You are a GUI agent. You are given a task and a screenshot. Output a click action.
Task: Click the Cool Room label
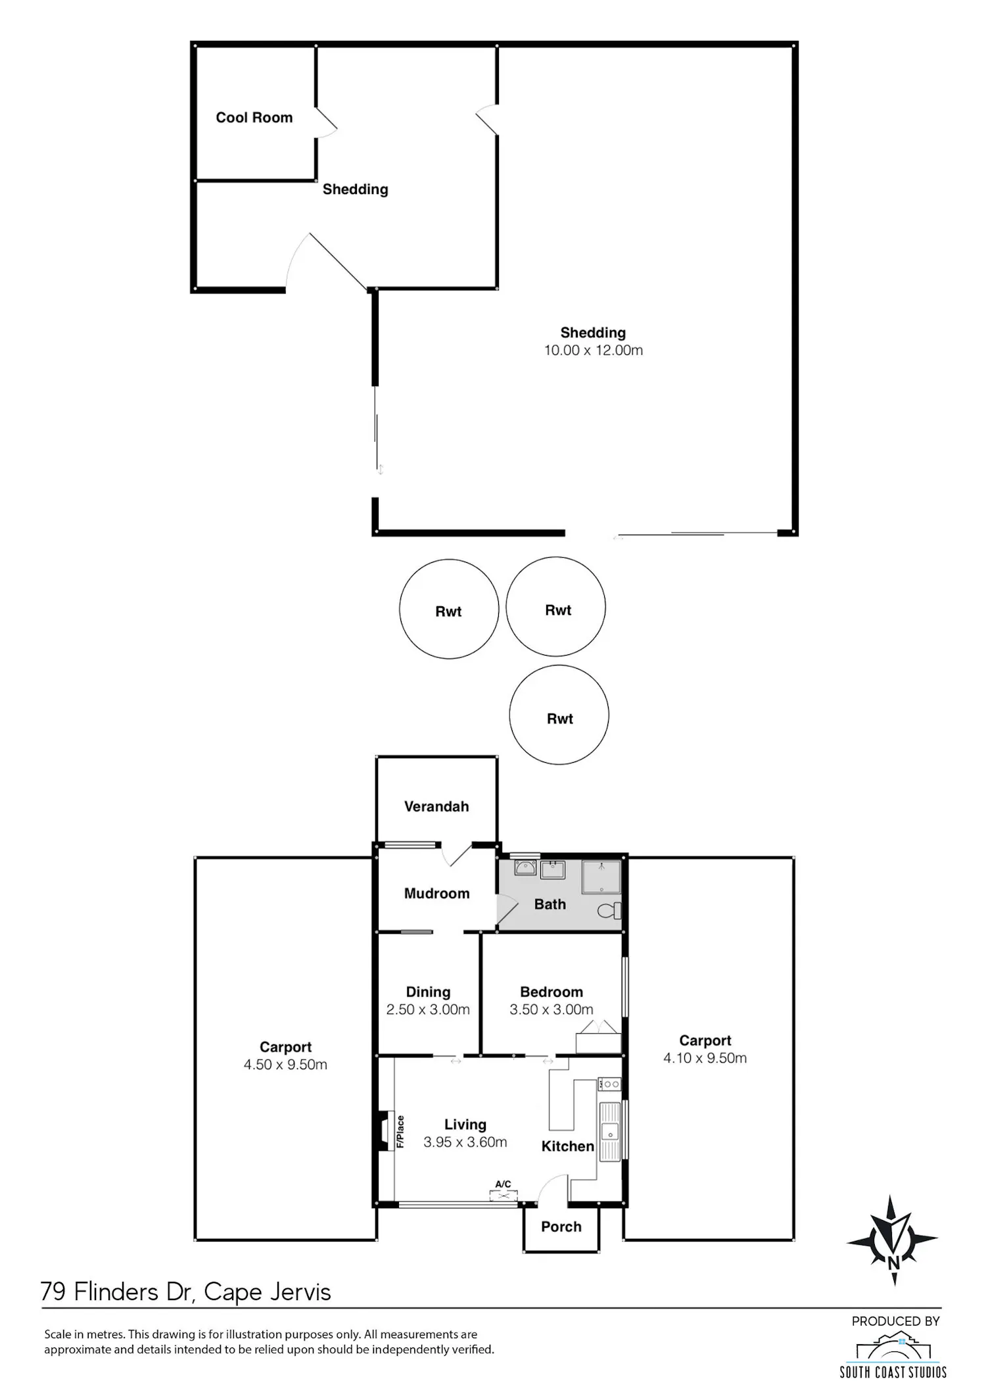pos(254,118)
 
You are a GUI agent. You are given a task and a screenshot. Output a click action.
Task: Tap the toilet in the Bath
pos(609,911)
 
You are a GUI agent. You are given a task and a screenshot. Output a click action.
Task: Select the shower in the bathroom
pos(601,877)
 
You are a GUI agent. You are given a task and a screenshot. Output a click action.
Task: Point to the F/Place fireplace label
pos(400,1132)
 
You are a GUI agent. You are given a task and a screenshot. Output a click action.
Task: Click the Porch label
pos(561,1226)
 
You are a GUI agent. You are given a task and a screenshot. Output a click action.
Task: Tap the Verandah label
pos(436,807)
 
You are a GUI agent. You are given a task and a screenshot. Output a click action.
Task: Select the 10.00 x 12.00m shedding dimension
pos(594,350)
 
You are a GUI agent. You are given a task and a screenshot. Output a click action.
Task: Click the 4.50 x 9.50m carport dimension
pos(285,1065)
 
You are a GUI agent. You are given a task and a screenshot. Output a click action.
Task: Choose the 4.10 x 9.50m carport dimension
pos(705,1058)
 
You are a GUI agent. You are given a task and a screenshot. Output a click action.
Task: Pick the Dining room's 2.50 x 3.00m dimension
pos(428,1009)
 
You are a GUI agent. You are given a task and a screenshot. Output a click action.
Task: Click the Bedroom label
pos(552,992)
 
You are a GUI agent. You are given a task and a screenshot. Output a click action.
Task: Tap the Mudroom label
pos(437,893)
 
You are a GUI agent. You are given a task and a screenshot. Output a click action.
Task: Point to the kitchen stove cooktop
pos(609,1084)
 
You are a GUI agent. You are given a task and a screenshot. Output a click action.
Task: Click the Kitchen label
pos(568,1146)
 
